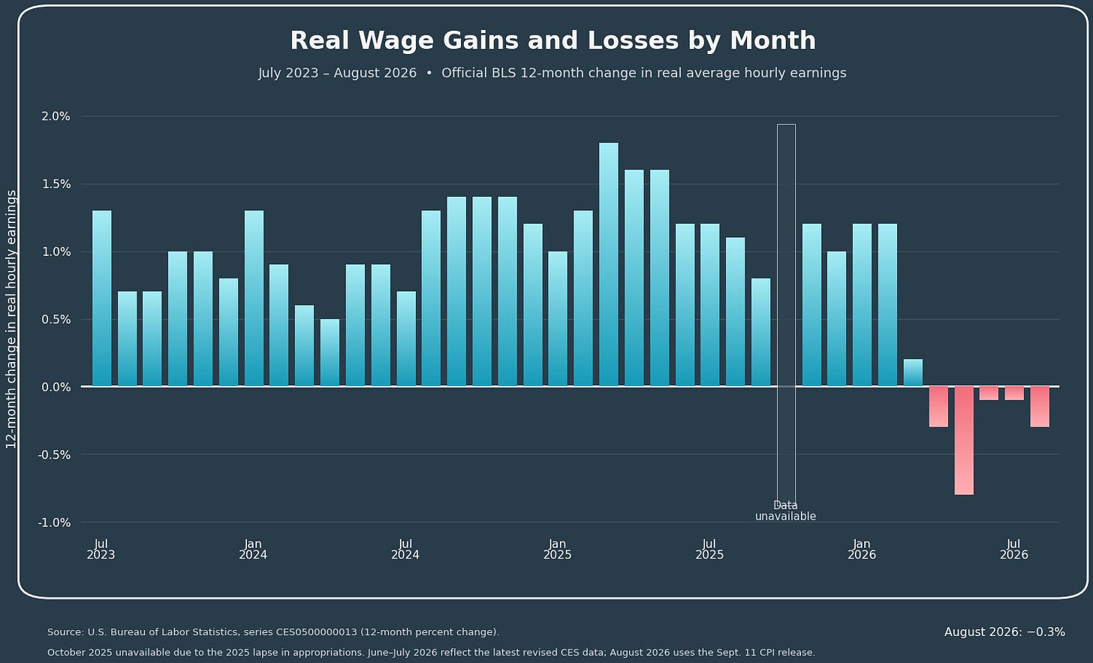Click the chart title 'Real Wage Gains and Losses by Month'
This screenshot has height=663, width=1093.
[553, 41]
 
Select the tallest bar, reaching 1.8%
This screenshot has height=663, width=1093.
[609, 264]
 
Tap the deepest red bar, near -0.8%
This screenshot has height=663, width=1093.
[964, 440]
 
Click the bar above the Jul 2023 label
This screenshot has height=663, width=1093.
[101, 298]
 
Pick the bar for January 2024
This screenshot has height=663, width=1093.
[254, 298]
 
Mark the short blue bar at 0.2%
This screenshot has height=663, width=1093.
[913, 372]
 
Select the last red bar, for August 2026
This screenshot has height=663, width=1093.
[1040, 407]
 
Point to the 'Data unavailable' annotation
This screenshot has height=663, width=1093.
[785, 511]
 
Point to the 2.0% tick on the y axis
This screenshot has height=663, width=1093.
[56, 116]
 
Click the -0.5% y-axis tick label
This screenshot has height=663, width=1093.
[54, 455]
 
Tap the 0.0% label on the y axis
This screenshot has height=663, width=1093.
[56, 387]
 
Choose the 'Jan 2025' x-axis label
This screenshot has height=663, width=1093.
[557, 549]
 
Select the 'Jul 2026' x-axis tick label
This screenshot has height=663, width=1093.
[1014, 549]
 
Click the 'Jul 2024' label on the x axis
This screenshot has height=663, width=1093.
[405, 549]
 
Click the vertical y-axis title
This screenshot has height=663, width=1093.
[11, 319]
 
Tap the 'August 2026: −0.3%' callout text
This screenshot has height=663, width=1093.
[1004, 631]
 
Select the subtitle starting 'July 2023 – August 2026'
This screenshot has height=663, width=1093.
[553, 74]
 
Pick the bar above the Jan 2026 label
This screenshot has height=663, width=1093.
[863, 305]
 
